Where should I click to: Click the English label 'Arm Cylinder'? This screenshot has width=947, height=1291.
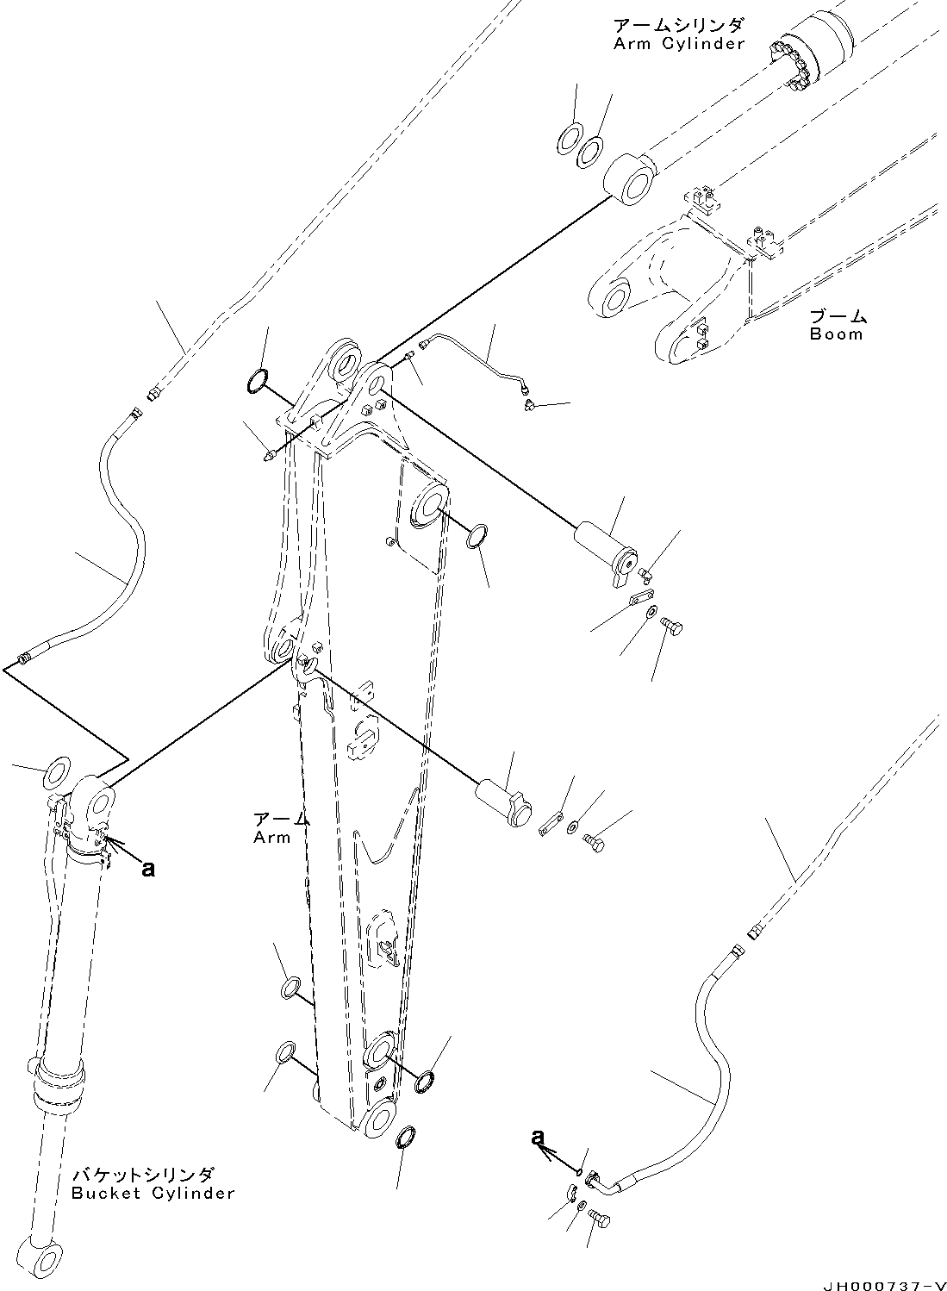pos(678,44)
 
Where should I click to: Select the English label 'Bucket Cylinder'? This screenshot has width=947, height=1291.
pos(153,1194)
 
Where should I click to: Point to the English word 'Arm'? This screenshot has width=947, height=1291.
pos(271,838)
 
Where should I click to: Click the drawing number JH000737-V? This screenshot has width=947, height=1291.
pos(882,1279)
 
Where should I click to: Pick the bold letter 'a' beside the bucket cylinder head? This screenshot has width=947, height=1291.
pos(148,870)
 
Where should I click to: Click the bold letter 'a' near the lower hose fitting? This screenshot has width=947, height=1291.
pos(539,1138)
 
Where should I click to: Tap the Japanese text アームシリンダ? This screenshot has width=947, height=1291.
pos(678,24)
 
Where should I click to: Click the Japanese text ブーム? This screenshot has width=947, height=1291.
pos(838,316)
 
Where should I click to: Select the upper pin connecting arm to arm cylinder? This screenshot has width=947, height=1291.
pos(607,551)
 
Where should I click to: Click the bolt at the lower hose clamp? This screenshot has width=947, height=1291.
pos(601,1218)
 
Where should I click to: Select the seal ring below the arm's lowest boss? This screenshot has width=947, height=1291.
pos(407,1138)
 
